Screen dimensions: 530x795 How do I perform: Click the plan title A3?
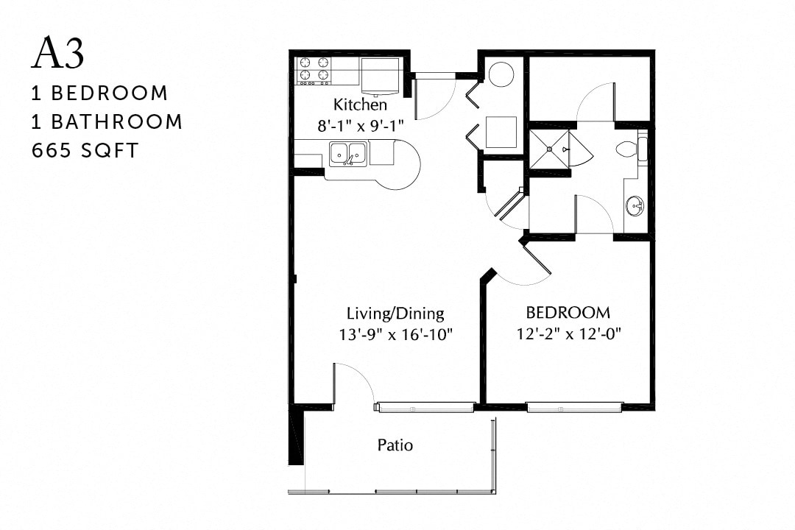(x=58, y=54)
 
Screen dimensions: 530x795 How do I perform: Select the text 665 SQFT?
(x=85, y=150)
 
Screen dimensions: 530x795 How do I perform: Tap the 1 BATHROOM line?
(x=107, y=121)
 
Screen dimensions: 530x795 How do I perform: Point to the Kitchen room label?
(x=360, y=104)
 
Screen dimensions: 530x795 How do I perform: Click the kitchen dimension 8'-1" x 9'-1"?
(x=361, y=126)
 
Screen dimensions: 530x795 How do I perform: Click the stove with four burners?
(x=314, y=70)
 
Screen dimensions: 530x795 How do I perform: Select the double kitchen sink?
(x=347, y=154)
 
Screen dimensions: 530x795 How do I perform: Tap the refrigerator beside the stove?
(x=380, y=76)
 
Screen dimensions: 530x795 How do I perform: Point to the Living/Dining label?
(x=395, y=313)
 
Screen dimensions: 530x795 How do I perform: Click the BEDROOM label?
(x=568, y=311)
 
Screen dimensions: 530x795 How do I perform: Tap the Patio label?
(x=395, y=445)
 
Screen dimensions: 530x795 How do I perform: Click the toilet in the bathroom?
(x=628, y=149)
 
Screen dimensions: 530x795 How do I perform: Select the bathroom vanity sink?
(x=635, y=205)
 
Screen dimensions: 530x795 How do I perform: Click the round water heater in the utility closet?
(x=501, y=74)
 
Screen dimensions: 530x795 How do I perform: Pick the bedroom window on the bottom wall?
(x=574, y=407)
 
